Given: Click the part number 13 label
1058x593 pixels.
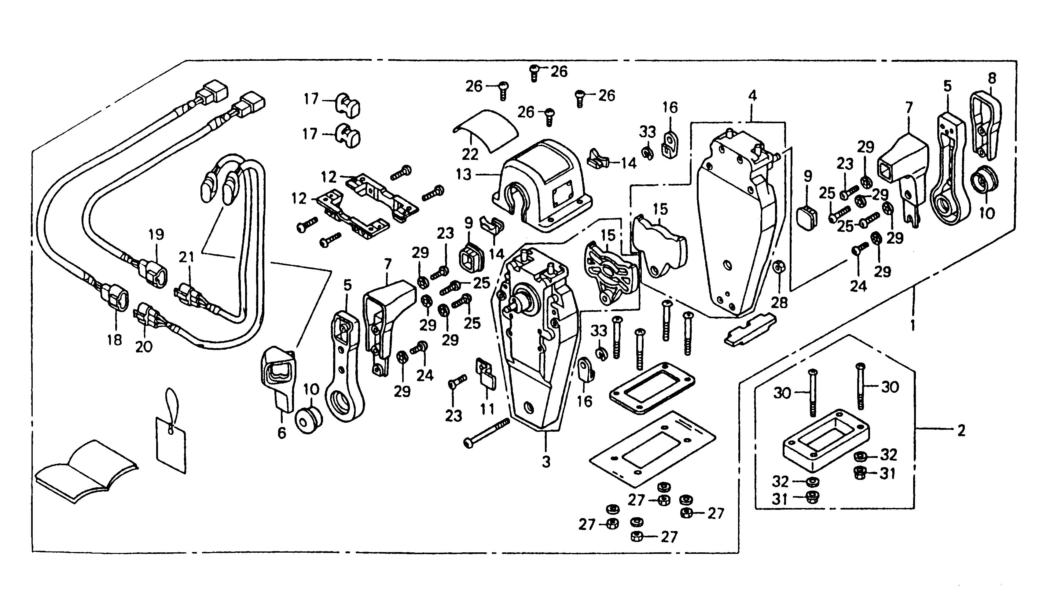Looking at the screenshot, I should (x=464, y=175).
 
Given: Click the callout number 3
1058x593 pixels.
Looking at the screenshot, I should (x=546, y=462).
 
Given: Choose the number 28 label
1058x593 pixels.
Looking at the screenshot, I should (x=780, y=303).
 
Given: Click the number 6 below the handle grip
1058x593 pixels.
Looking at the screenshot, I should (x=282, y=433).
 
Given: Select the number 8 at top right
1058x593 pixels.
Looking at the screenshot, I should (x=992, y=78).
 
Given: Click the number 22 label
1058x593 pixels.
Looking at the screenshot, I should (x=470, y=154).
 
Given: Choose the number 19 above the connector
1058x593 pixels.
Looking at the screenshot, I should (x=156, y=234).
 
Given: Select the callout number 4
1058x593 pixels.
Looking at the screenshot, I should (x=752, y=96).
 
